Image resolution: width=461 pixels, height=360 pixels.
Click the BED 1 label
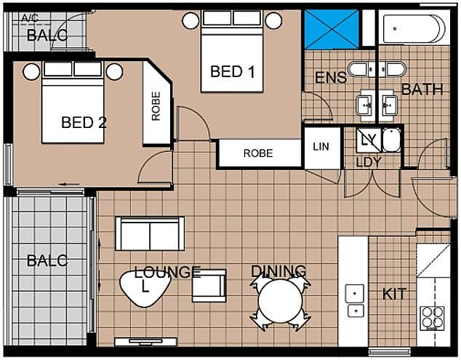coord(232,72)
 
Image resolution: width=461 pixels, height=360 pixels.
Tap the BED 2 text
coord(84,122)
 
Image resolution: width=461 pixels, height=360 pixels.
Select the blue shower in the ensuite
coord(332,29)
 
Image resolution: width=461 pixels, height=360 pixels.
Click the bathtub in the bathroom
coord(414,28)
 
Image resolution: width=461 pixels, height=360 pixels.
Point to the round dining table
coord(280,301)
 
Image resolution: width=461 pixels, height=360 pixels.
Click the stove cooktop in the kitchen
coord(432,318)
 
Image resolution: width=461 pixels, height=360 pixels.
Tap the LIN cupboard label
coord(321,146)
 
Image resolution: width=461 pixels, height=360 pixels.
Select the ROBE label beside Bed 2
coord(156,106)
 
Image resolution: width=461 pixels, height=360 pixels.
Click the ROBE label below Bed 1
coord(258,153)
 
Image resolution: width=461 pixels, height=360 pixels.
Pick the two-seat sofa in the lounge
coord(150,233)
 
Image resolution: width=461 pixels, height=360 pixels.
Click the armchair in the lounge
coord(209,286)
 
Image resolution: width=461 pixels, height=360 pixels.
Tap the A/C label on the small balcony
coord(30,18)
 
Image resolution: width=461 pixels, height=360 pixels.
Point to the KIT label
coord(394,294)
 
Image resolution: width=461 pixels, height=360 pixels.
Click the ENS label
coord(331,78)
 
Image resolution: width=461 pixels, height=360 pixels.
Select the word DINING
coord(278,271)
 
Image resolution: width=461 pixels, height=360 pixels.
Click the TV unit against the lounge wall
coord(145,342)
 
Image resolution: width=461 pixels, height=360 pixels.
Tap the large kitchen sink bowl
coord(355,293)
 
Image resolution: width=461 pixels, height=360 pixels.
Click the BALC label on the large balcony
coord(47,260)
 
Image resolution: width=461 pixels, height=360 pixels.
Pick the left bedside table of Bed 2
coord(31,72)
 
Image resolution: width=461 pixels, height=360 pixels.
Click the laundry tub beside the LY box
coord(392,140)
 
